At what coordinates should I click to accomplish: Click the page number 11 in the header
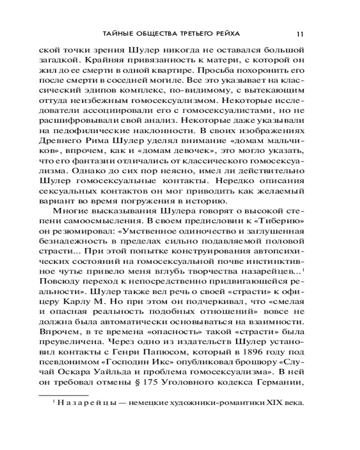(301, 34)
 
